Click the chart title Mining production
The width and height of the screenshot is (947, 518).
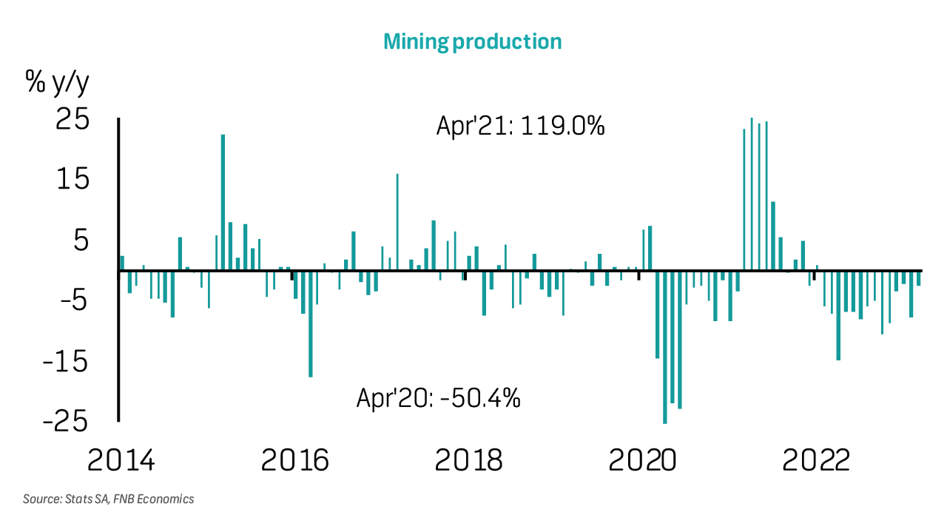(x=472, y=41)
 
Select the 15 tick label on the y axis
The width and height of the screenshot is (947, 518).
(x=73, y=180)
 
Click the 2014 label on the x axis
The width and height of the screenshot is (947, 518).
(x=121, y=460)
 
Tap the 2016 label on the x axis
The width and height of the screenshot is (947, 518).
(x=294, y=460)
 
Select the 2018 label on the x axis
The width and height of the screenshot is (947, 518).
(x=468, y=460)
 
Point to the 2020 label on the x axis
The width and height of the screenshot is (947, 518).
(x=642, y=460)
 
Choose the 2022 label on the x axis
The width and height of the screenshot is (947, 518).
(x=816, y=460)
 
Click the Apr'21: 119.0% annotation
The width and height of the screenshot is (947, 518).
(x=521, y=127)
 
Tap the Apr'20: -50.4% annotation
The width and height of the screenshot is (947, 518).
(x=439, y=398)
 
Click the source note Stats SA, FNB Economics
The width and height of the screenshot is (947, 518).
(x=108, y=499)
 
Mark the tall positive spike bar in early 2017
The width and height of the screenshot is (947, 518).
(x=397, y=222)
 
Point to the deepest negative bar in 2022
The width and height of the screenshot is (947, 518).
(x=838, y=315)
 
